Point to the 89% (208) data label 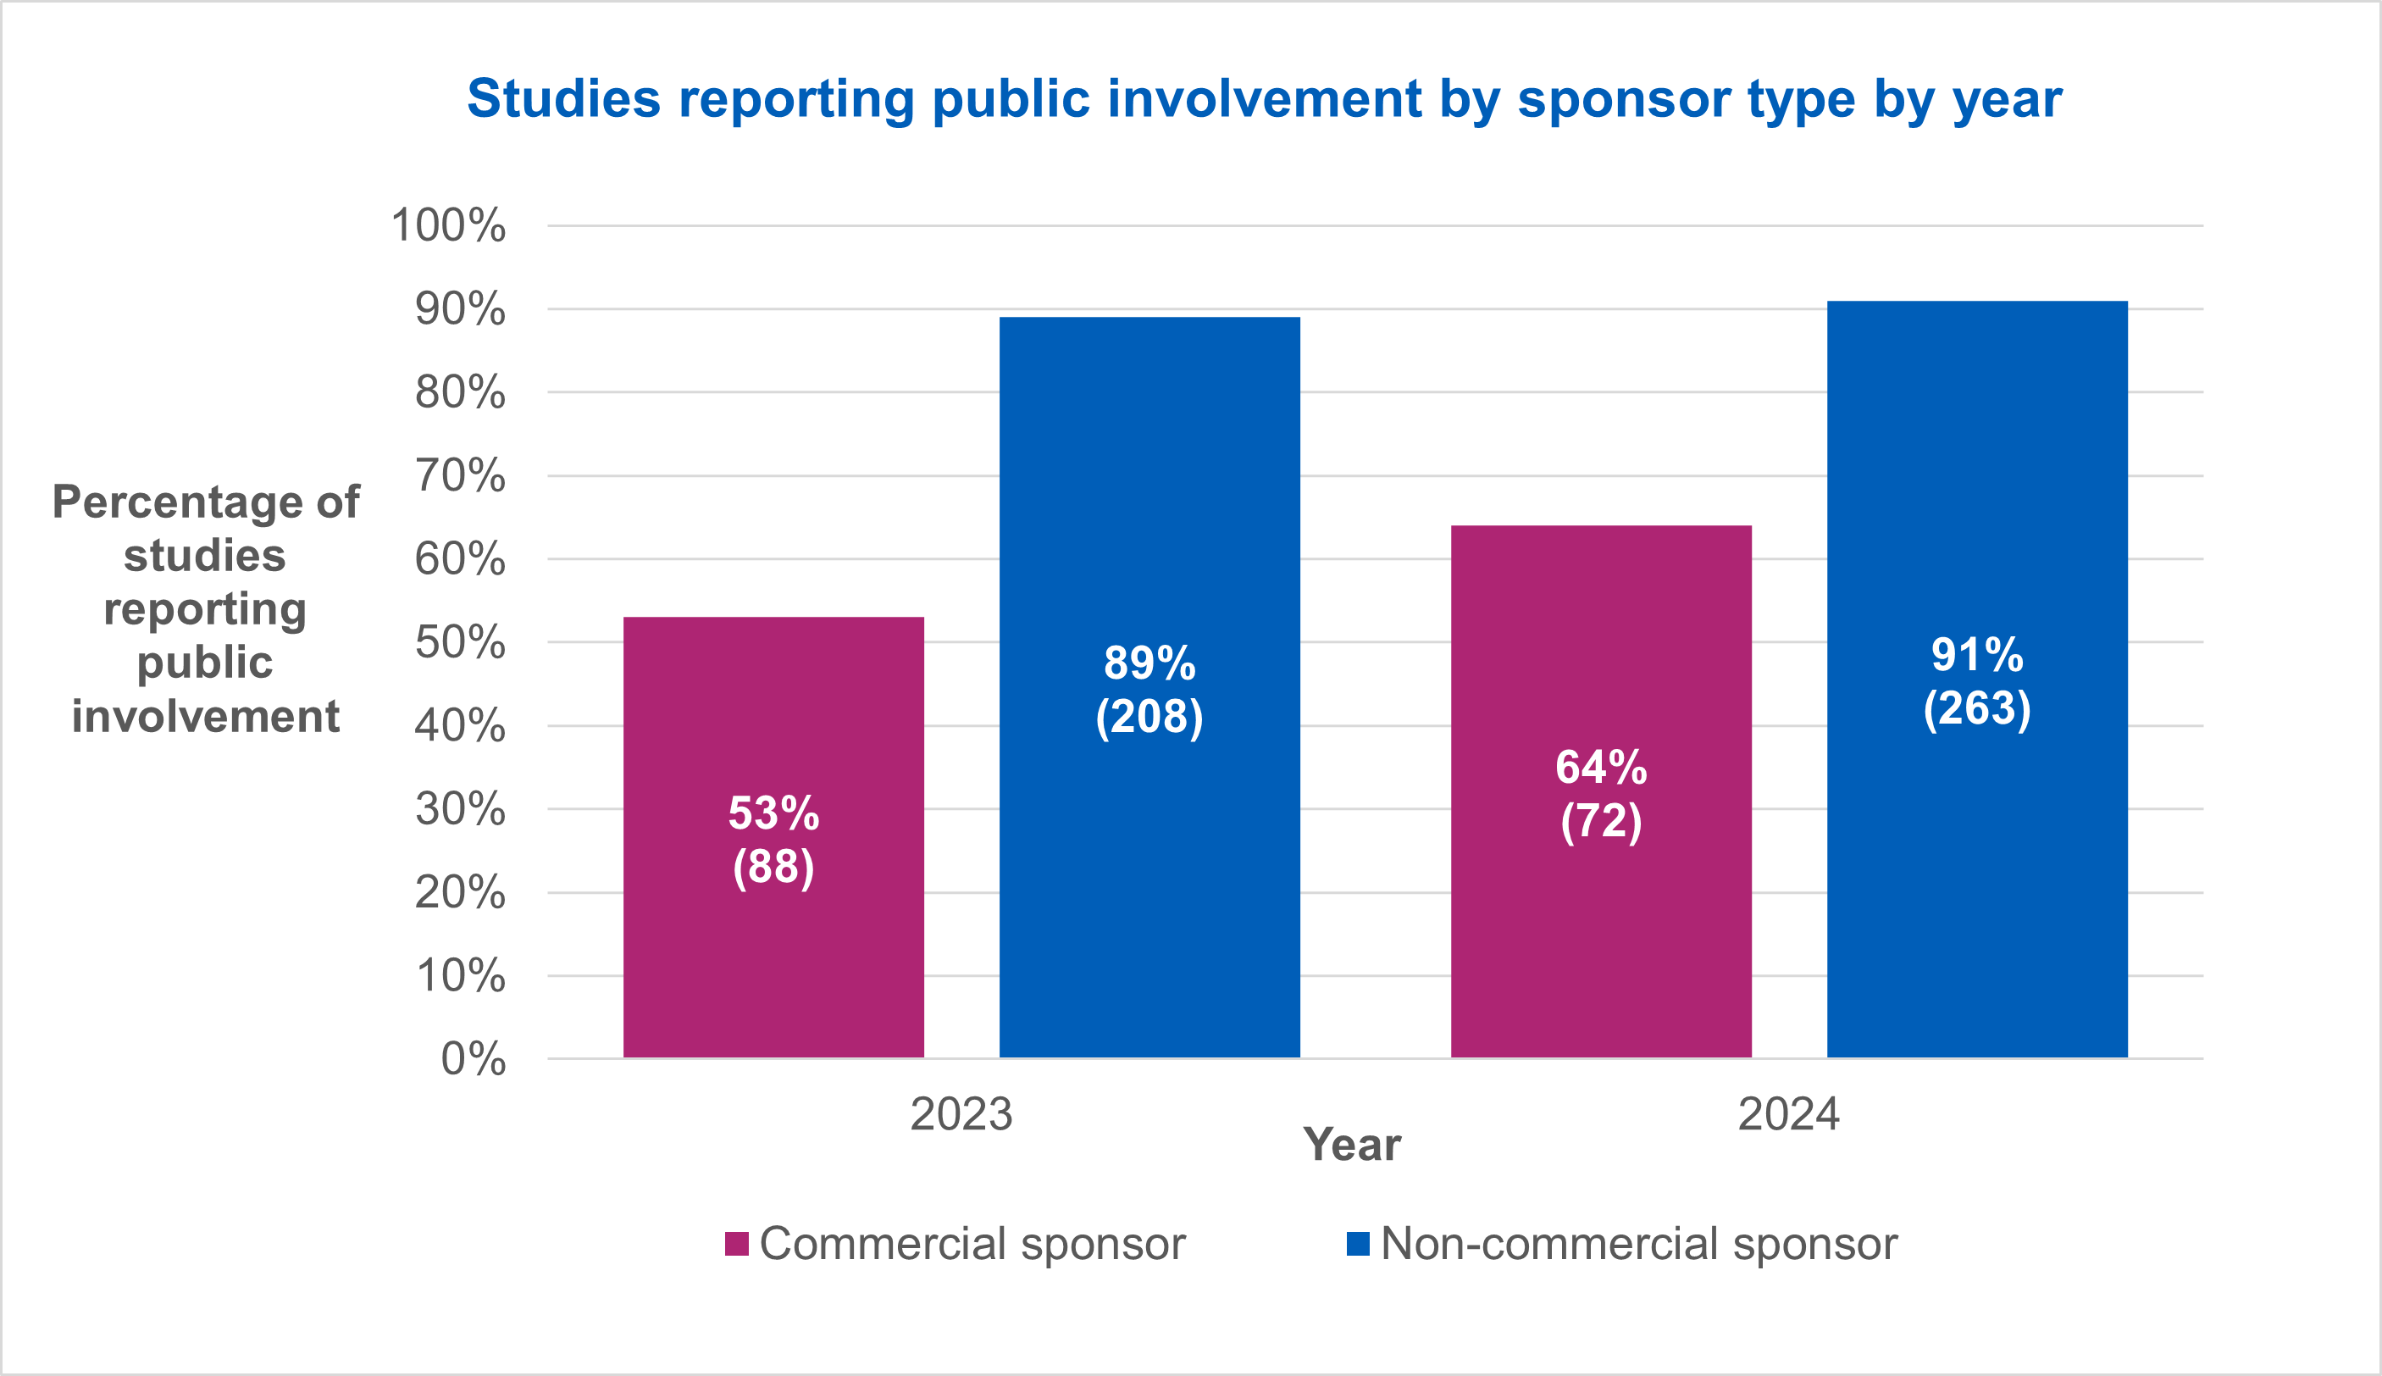coord(1149,690)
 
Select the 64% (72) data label coord(1601,794)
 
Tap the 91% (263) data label coord(1976,681)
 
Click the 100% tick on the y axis coord(448,226)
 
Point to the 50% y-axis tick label coord(459,642)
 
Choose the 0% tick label coord(473,1059)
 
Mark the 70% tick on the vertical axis coord(459,475)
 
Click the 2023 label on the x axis coord(961,1114)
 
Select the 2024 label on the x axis coord(1789,1114)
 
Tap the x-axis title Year coord(1351,1146)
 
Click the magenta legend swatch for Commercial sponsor coord(737,1244)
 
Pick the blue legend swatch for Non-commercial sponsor coord(1358,1244)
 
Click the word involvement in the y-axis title coord(205,716)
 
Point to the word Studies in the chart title coord(563,98)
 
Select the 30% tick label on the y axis coord(459,810)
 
